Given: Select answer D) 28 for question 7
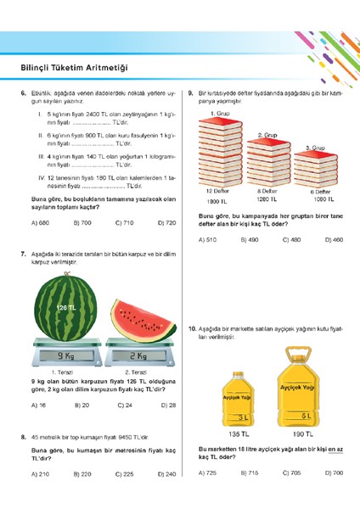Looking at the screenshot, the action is coord(166,406).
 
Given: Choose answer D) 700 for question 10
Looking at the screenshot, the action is coord(334,473).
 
